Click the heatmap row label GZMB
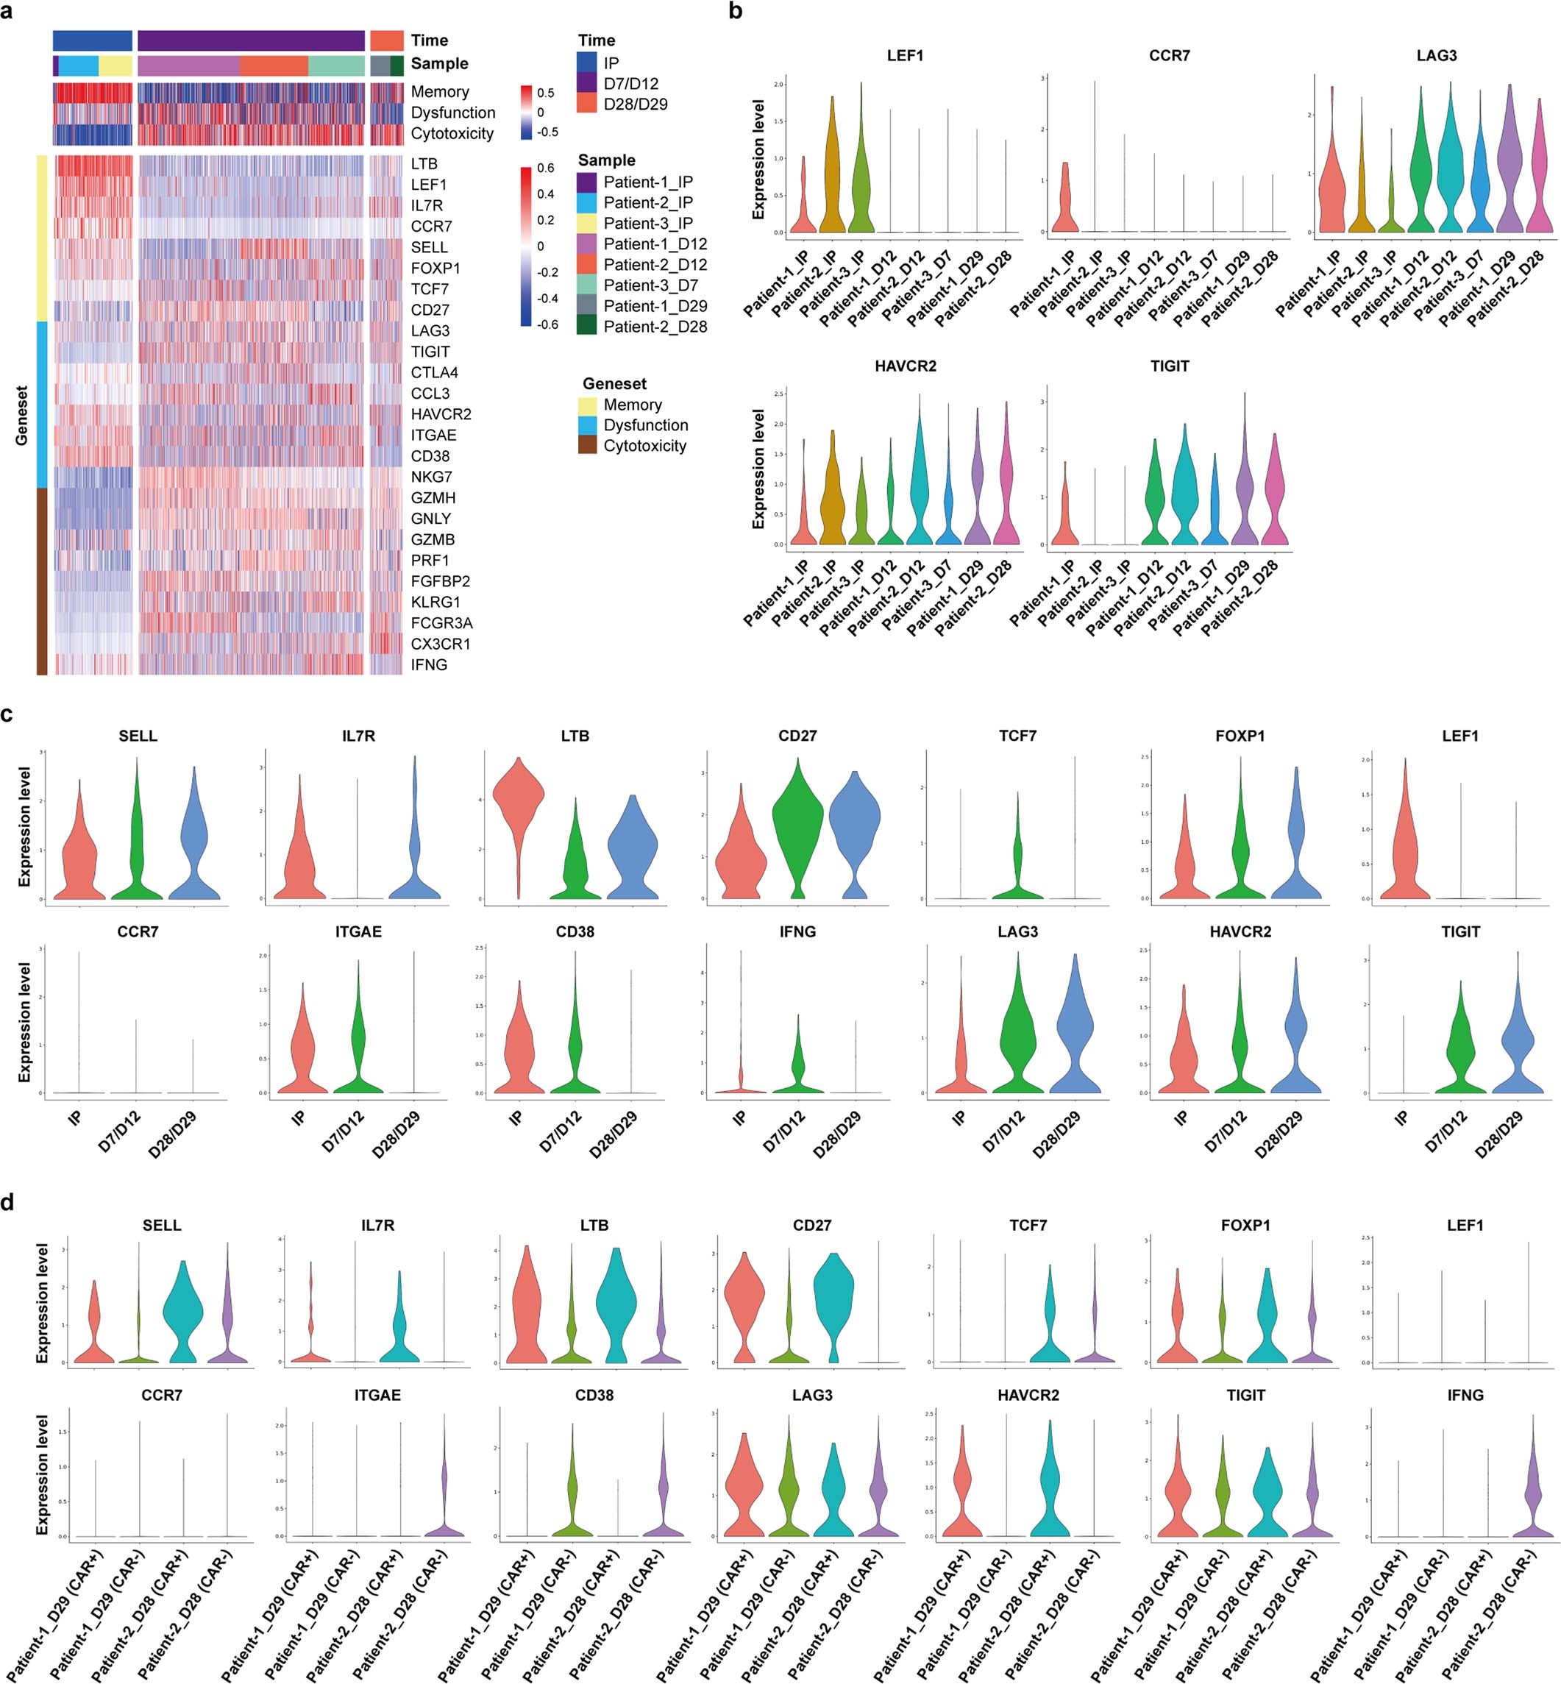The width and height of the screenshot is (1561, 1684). click(433, 539)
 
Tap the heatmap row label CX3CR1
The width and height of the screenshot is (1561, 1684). click(440, 644)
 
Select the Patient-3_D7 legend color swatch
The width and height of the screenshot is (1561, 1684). click(587, 285)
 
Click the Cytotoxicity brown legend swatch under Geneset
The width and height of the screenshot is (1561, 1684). click(587, 445)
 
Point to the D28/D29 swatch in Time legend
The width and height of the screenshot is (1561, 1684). click(587, 104)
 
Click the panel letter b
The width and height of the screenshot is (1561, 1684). click(736, 12)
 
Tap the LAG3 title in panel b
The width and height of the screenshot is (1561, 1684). click(1436, 56)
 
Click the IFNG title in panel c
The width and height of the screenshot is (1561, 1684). click(797, 931)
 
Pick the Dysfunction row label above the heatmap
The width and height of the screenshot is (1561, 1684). click(452, 113)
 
